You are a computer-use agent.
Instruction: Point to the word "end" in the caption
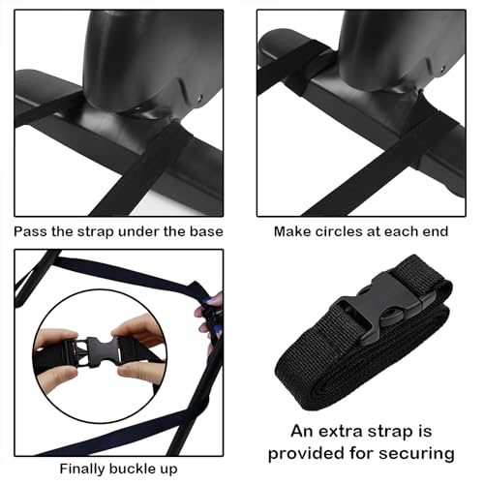pyautogui.click(x=437, y=231)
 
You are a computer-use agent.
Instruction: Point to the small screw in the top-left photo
pyautogui.click(x=201, y=97)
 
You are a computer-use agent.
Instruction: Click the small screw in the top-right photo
pyautogui.click(x=443, y=69)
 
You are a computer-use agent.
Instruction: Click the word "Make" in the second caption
pyautogui.click(x=292, y=231)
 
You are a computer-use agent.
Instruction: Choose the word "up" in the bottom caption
pyautogui.click(x=168, y=469)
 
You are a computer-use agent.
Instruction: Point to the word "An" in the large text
pyautogui.click(x=302, y=432)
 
